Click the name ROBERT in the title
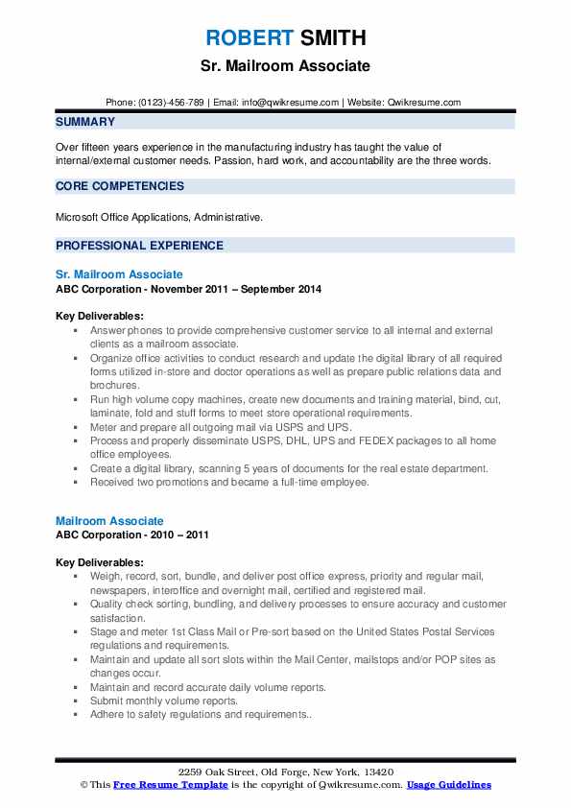point(248,38)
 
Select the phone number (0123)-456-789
point(171,103)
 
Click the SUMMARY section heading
point(85,122)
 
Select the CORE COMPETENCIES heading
point(120,186)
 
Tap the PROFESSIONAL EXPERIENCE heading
point(139,245)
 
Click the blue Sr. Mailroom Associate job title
point(119,274)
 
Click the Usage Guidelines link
point(449,785)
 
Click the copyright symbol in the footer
point(83,785)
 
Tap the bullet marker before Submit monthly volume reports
point(75,701)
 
